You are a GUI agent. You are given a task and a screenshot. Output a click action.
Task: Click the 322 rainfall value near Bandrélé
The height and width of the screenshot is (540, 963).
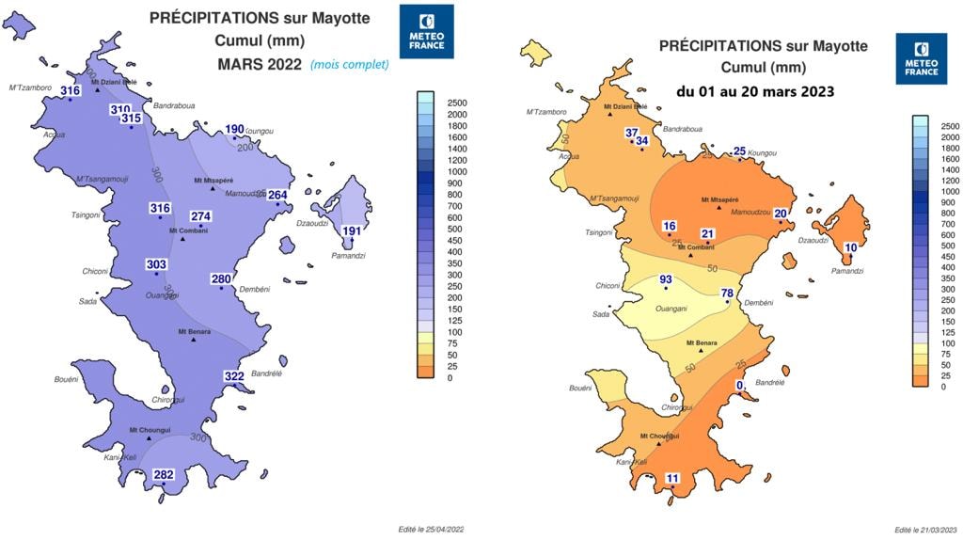point(234,376)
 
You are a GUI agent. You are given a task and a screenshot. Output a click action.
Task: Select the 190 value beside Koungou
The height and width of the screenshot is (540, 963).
point(234,129)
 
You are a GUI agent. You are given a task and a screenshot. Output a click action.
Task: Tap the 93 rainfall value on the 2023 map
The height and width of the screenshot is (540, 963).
point(666,279)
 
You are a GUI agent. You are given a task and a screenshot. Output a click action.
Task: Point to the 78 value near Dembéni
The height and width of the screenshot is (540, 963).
point(727,294)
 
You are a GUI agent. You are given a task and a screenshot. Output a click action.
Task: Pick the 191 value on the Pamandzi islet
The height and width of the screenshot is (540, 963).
point(352,231)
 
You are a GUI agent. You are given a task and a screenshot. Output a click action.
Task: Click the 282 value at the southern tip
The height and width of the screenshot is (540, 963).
point(164,475)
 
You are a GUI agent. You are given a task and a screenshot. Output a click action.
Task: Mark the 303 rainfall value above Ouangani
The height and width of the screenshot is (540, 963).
point(156,265)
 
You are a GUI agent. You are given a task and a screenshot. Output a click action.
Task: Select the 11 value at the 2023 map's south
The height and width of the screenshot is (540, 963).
point(672,478)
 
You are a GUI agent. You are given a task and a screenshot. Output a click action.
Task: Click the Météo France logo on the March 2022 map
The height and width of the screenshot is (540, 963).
point(427,30)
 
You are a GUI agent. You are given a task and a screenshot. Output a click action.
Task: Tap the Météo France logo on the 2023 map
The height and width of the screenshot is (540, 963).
point(922,58)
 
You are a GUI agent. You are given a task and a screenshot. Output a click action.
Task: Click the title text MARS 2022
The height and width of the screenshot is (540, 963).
point(259,65)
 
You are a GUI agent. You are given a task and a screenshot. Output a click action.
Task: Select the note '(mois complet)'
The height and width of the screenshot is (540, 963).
point(350,65)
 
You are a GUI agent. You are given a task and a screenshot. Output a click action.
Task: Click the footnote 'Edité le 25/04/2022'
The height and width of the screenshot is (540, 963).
point(432,530)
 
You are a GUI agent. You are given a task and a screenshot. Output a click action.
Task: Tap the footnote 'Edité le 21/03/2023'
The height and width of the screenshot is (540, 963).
point(925,530)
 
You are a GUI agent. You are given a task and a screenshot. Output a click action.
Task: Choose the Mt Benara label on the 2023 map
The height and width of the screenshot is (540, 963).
point(702,342)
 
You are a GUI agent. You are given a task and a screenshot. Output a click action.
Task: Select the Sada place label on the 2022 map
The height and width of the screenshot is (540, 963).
point(87,301)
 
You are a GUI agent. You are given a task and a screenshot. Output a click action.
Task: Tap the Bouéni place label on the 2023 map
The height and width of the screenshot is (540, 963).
point(580,388)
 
